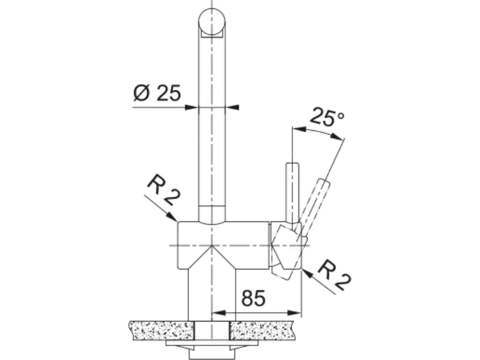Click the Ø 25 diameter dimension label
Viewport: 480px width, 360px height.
pos(157,93)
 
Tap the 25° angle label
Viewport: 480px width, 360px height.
pos(327,116)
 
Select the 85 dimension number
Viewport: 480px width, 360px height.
pos(253,298)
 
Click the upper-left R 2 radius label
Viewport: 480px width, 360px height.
pos(163,190)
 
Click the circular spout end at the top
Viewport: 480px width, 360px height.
pos(212,22)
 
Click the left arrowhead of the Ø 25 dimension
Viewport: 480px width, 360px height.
pos(192,107)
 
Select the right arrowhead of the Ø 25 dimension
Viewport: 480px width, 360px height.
pos(232,107)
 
